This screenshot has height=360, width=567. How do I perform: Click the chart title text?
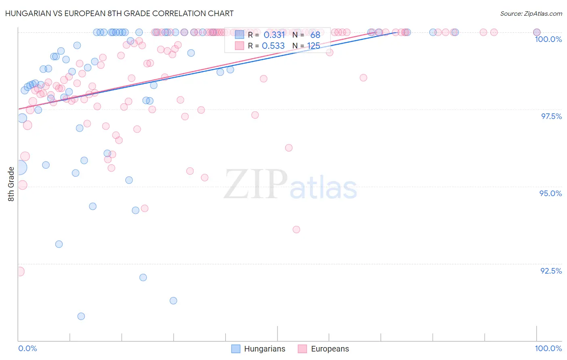[119, 13]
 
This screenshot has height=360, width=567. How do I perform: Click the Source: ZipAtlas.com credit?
[531, 13]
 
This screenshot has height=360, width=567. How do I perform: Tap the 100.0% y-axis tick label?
[548, 39]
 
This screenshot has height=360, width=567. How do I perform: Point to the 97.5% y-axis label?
[551, 116]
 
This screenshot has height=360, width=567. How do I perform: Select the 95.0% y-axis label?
[550, 193]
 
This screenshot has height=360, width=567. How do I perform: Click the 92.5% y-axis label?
[551, 271]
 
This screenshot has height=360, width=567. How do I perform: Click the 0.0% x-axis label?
[27, 348]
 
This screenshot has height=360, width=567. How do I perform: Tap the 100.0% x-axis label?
[548, 348]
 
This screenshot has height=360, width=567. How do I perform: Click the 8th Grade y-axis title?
[11, 184]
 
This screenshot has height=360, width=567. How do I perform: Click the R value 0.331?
[274, 35]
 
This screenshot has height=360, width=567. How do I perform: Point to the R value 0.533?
[273, 46]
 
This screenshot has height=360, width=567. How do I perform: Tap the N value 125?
[313, 46]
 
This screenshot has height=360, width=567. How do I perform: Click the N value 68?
[315, 35]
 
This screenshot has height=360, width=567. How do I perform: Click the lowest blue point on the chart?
[81, 316]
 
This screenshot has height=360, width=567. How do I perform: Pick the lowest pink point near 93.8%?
[296, 230]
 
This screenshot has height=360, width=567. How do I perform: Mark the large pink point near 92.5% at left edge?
[19, 272]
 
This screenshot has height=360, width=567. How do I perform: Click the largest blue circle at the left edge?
[19, 167]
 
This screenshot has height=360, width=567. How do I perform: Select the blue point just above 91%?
[173, 301]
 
